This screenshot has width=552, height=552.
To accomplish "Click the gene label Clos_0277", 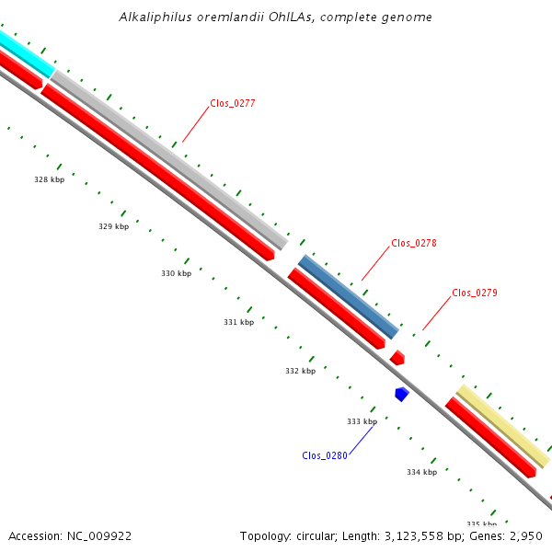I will [x=232, y=103].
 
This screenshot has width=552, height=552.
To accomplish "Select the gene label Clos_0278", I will [x=414, y=243].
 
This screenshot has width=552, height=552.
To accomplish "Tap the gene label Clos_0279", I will [x=475, y=293].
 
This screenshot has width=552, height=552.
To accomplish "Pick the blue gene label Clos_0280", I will [x=325, y=455].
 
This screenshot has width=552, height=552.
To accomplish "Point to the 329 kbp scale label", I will [x=114, y=226].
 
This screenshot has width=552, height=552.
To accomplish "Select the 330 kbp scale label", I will [x=177, y=273].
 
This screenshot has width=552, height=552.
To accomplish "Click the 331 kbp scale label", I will [x=238, y=323].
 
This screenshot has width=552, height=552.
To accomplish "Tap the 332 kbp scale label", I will [x=300, y=372].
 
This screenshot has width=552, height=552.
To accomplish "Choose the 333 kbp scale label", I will [x=362, y=421].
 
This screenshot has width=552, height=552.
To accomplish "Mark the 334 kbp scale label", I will [x=421, y=472].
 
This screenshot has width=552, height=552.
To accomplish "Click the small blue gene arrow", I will [x=401, y=394].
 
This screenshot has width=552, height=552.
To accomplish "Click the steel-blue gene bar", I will [x=348, y=297].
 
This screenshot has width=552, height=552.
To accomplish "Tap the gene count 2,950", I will [x=525, y=535].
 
